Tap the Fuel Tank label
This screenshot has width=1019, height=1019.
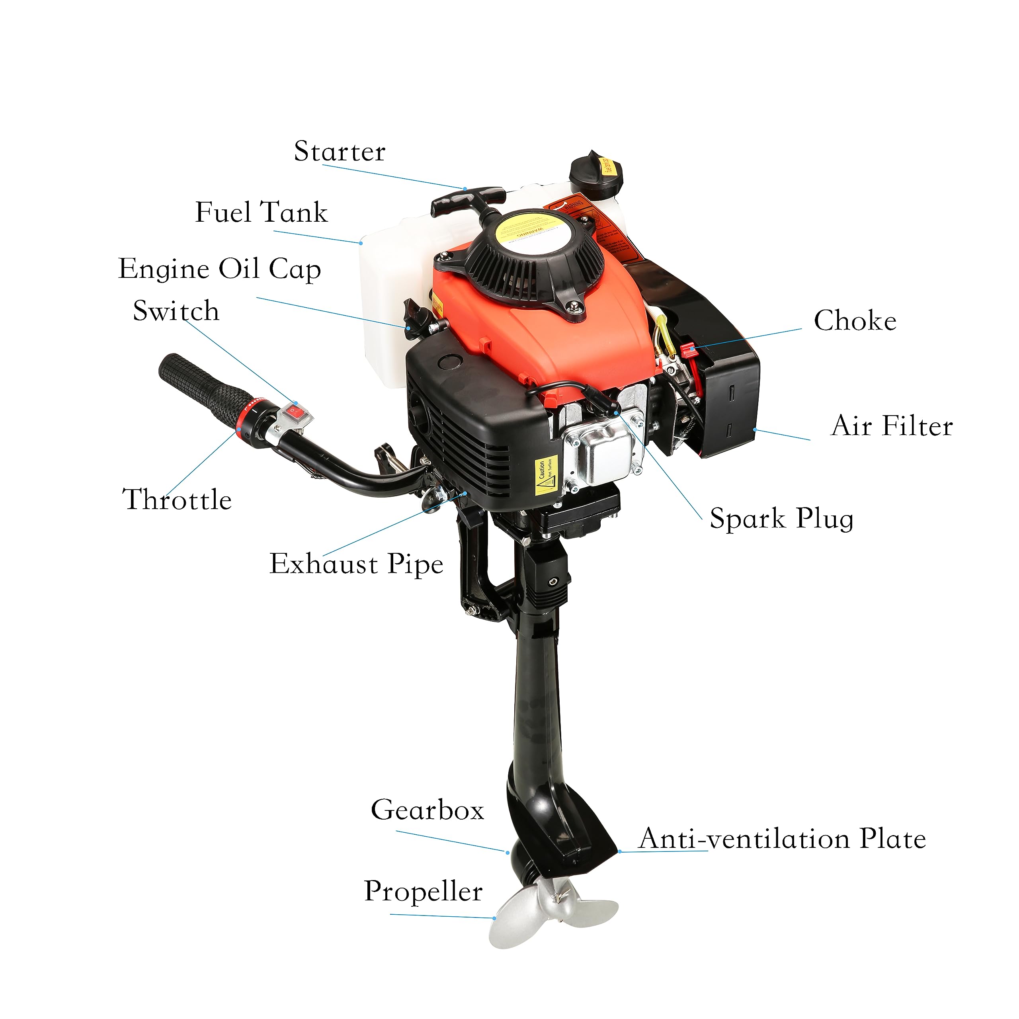tap(261, 213)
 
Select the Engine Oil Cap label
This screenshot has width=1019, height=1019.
tap(219, 269)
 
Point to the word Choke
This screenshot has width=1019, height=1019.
tap(855, 321)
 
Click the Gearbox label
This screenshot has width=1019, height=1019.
tap(427, 810)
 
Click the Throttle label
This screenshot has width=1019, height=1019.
tap(177, 500)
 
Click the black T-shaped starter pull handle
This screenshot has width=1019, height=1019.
tap(467, 200)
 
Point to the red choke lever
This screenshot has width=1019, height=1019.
tap(687, 349)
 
